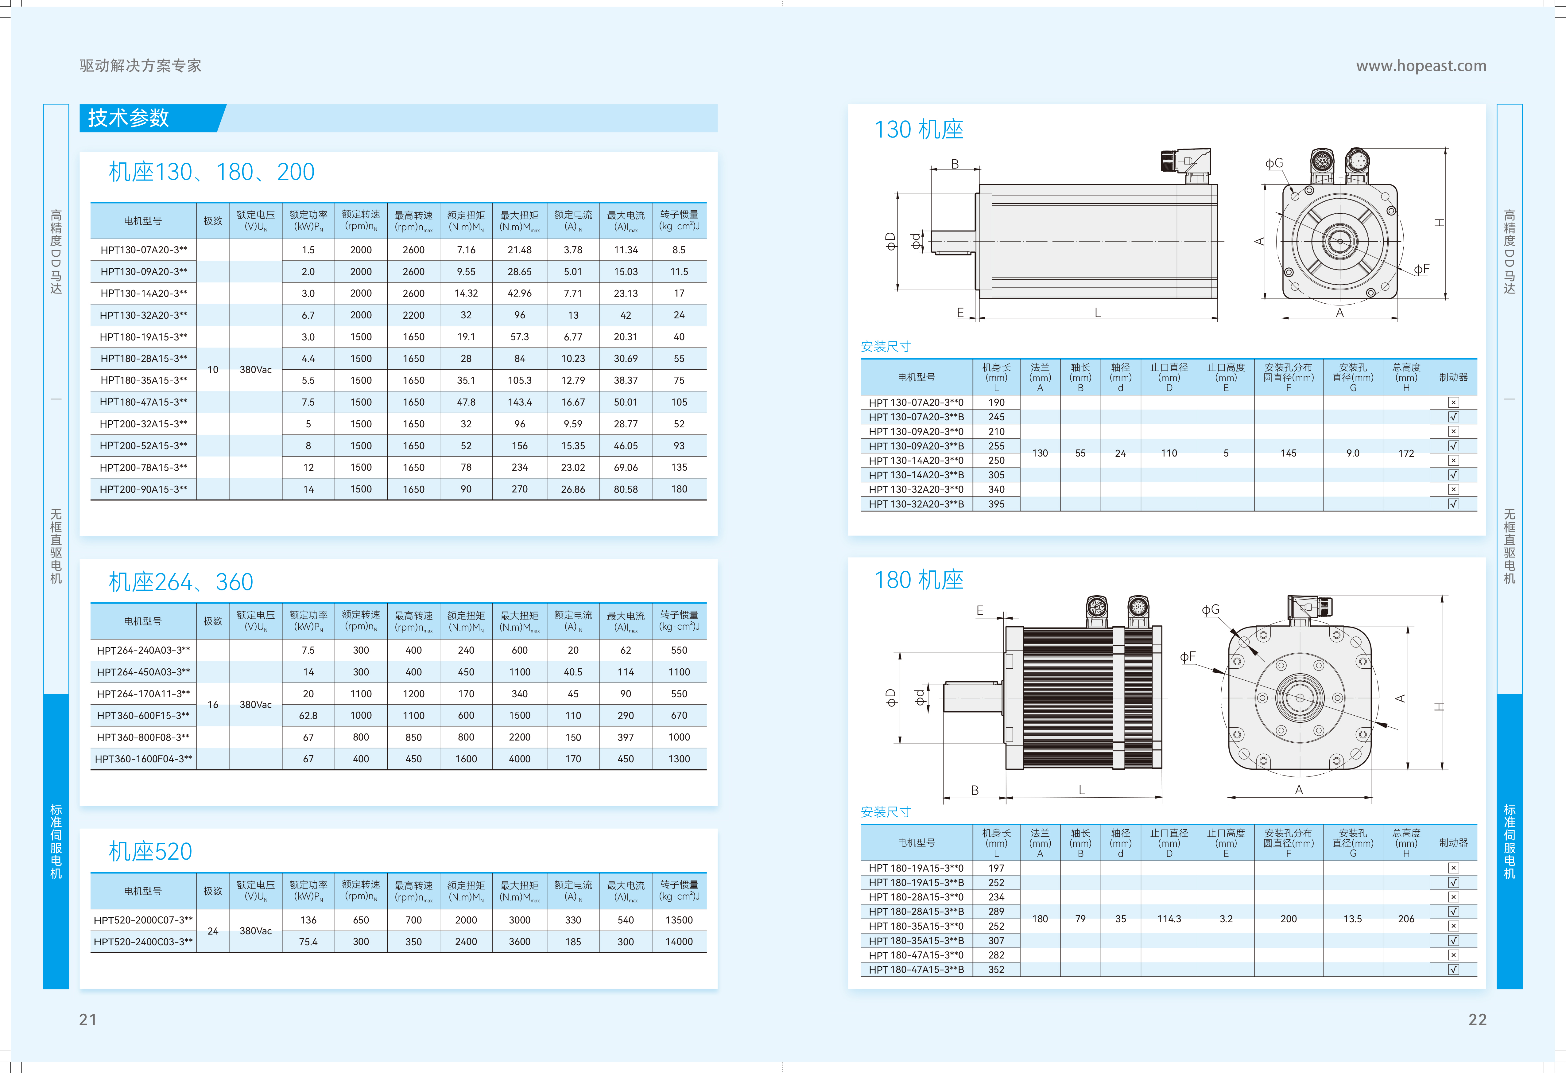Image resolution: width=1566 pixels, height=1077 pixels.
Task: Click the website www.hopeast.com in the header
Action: point(1421,65)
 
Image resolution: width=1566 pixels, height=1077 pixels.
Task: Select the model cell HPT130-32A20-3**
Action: point(144,315)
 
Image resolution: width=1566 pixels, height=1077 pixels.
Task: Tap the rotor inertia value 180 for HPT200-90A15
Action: point(679,489)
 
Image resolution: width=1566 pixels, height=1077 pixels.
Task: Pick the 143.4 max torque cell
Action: point(520,402)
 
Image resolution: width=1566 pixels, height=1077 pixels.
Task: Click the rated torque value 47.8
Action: point(466,402)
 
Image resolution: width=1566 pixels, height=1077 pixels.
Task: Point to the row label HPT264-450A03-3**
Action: point(144,672)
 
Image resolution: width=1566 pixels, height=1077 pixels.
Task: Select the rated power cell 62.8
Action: point(308,715)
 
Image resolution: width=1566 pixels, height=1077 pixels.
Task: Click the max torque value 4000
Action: point(520,759)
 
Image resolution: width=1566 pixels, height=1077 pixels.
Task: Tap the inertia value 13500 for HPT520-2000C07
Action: point(679,920)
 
